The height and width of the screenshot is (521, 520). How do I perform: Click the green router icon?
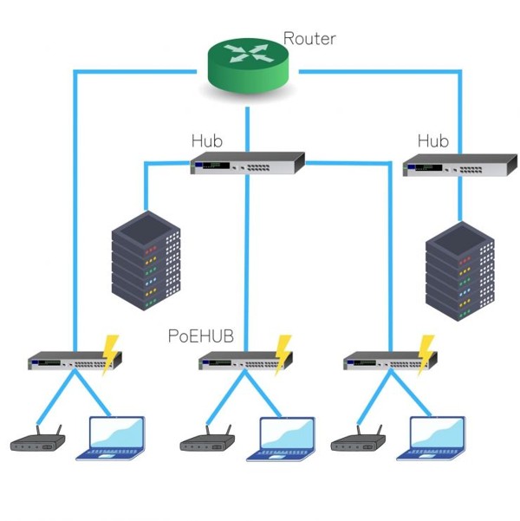[250, 66]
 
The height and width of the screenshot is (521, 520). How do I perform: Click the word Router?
[309, 38]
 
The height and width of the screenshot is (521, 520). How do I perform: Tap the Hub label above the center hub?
[208, 140]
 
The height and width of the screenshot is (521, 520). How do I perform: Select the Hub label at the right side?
[433, 140]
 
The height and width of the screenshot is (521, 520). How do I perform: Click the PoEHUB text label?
[201, 335]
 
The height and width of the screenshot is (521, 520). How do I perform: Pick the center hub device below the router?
[248, 164]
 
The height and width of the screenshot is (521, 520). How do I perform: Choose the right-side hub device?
[459, 164]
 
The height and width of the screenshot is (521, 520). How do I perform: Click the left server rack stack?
[146, 259]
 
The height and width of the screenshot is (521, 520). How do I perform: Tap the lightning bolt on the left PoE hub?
[110, 353]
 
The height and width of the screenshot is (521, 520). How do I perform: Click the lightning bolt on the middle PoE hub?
[283, 353]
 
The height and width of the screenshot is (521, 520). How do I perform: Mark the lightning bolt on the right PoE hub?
[426, 353]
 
